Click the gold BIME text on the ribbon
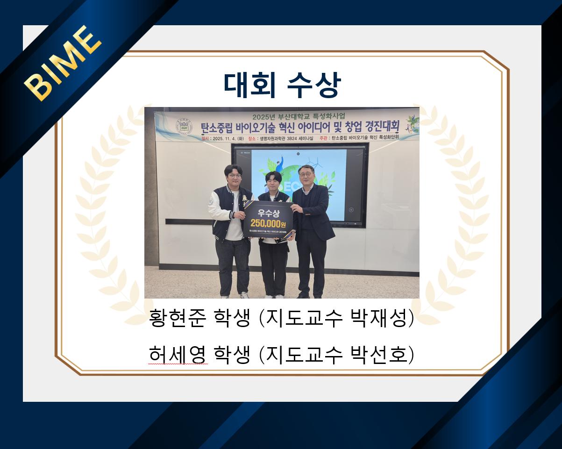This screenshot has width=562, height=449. tap(63, 63)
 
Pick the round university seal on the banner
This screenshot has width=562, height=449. tap(184, 127)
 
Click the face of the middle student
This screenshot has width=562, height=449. tap(273, 183)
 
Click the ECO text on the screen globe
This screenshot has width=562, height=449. tap(286, 187)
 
